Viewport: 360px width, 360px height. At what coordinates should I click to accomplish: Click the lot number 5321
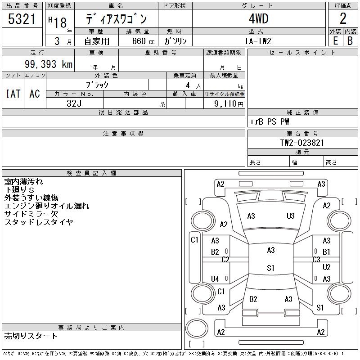[x=22, y=19]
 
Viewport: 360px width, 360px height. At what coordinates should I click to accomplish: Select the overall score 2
[x=343, y=18]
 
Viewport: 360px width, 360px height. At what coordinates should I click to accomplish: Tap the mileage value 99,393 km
[x=49, y=64]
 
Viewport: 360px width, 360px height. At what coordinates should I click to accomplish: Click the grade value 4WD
[x=258, y=18]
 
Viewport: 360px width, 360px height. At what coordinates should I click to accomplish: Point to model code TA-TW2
[x=258, y=41]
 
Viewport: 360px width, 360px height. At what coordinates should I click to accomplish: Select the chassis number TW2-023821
[x=302, y=143]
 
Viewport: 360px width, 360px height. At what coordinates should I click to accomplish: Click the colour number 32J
[x=74, y=103]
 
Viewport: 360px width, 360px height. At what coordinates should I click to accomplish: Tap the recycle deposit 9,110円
[x=229, y=104]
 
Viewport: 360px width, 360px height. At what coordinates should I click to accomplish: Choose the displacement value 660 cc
[x=143, y=41]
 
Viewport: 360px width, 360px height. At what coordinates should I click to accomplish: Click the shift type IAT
[x=13, y=94]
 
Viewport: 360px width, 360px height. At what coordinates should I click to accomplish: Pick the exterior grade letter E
[x=335, y=41]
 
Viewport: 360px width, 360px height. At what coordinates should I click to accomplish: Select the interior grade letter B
[x=350, y=41]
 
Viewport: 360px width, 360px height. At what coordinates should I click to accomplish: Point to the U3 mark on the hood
[x=290, y=216]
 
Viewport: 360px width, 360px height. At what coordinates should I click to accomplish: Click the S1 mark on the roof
[x=271, y=268]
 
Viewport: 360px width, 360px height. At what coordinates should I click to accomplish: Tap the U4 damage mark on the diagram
[x=215, y=279]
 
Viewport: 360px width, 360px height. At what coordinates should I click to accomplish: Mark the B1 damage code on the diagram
[x=326, y=252]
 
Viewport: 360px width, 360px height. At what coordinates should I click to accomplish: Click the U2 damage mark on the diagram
[x=327, y=267]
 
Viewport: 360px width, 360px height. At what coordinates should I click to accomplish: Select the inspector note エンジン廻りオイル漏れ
[x=47, y=206]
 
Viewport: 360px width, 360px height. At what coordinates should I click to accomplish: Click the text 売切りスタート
[x=31, y=336]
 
